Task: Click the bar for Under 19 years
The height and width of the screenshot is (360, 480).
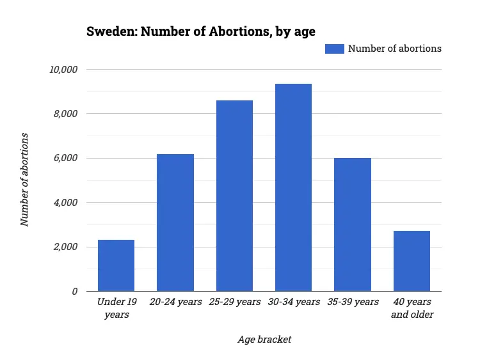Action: click(x=116, y=265)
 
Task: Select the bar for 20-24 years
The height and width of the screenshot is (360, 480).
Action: click(x=175, y=223)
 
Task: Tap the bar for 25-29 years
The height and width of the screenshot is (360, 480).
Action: click(x=234, y=196)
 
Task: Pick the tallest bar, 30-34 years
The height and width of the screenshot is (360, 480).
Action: click(x=293, y=187)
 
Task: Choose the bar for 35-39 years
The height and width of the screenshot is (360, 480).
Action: click(x=353, y=224)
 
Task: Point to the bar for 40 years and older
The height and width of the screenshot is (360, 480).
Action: click(x=412, y=261)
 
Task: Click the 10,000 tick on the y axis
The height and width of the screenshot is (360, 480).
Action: click(x=63, y=69)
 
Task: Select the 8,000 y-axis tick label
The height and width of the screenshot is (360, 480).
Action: click(x=65, y=114)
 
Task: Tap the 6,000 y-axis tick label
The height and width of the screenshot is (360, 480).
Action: click(x=65, y=158)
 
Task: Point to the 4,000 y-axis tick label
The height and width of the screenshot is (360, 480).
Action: click(x=65, y=203)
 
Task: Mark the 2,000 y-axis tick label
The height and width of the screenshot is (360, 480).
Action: click(x=65, y=247)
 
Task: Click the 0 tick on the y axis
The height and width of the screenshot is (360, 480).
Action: click(x=74, y=291)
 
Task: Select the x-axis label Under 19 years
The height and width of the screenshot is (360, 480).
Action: click(x=116, y=308)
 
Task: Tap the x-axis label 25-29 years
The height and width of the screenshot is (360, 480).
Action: click(x=234, y=302)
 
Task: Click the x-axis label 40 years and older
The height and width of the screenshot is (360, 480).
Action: click(x=412, y=308)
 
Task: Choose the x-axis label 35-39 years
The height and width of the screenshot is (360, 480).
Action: click(x=353, y=302)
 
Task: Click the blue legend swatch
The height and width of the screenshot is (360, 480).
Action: click(x=334, y=49)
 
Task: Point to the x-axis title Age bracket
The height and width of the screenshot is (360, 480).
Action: click(x=264, y=339)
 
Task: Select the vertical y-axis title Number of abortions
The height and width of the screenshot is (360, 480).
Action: click(x=25, y=180)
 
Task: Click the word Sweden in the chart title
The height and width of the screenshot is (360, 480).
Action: click(x=107, y=31)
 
